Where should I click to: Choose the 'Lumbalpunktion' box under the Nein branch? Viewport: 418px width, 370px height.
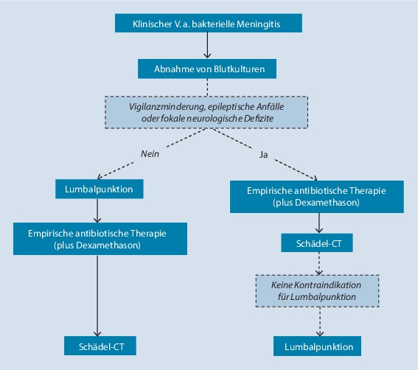coord(98,189)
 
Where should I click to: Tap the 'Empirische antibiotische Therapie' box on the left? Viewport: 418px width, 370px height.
coord(98,239)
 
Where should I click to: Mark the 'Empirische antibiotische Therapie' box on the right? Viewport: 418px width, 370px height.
coord(317,195)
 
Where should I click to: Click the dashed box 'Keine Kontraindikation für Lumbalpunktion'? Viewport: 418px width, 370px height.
coord(318,290)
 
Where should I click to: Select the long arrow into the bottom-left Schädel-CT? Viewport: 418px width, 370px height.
coord(98,295)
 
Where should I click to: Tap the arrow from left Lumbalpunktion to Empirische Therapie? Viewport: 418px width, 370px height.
coord(98,210)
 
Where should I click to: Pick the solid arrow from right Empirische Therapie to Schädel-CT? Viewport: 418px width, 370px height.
coord(318,222)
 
